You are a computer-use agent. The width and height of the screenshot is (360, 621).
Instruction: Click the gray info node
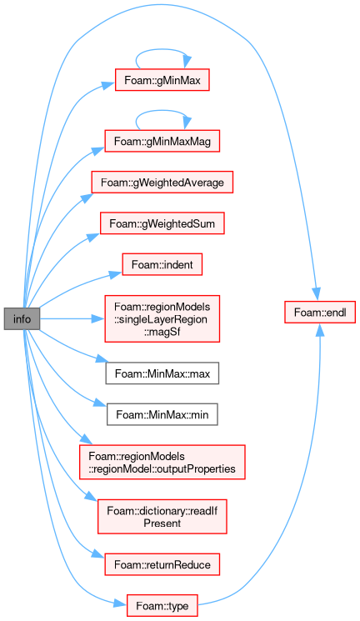22,318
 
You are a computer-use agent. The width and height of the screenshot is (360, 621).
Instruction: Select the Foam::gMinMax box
162,80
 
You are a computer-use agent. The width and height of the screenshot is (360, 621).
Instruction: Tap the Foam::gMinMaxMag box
162,141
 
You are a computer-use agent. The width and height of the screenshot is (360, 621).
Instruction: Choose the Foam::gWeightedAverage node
162,183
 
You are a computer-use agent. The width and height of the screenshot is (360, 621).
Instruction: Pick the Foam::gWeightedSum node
162,223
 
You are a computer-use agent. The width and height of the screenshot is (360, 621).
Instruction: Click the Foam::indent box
162,264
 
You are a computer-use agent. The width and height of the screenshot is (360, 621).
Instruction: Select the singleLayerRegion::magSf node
162,318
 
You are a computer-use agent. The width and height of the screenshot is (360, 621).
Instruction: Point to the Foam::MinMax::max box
162,373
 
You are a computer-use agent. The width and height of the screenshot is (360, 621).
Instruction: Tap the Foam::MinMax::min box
162,414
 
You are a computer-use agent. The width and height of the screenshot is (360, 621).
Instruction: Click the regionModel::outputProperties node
162,462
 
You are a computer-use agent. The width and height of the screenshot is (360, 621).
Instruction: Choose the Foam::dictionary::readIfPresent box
162,517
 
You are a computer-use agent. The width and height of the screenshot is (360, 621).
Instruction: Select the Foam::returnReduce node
162,564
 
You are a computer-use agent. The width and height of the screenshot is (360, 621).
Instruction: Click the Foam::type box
162,605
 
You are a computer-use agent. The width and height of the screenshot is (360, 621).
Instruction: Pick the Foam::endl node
320,312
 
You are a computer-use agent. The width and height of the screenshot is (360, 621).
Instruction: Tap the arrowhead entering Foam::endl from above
317,294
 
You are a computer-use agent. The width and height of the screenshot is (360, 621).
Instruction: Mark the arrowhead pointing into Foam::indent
116,273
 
